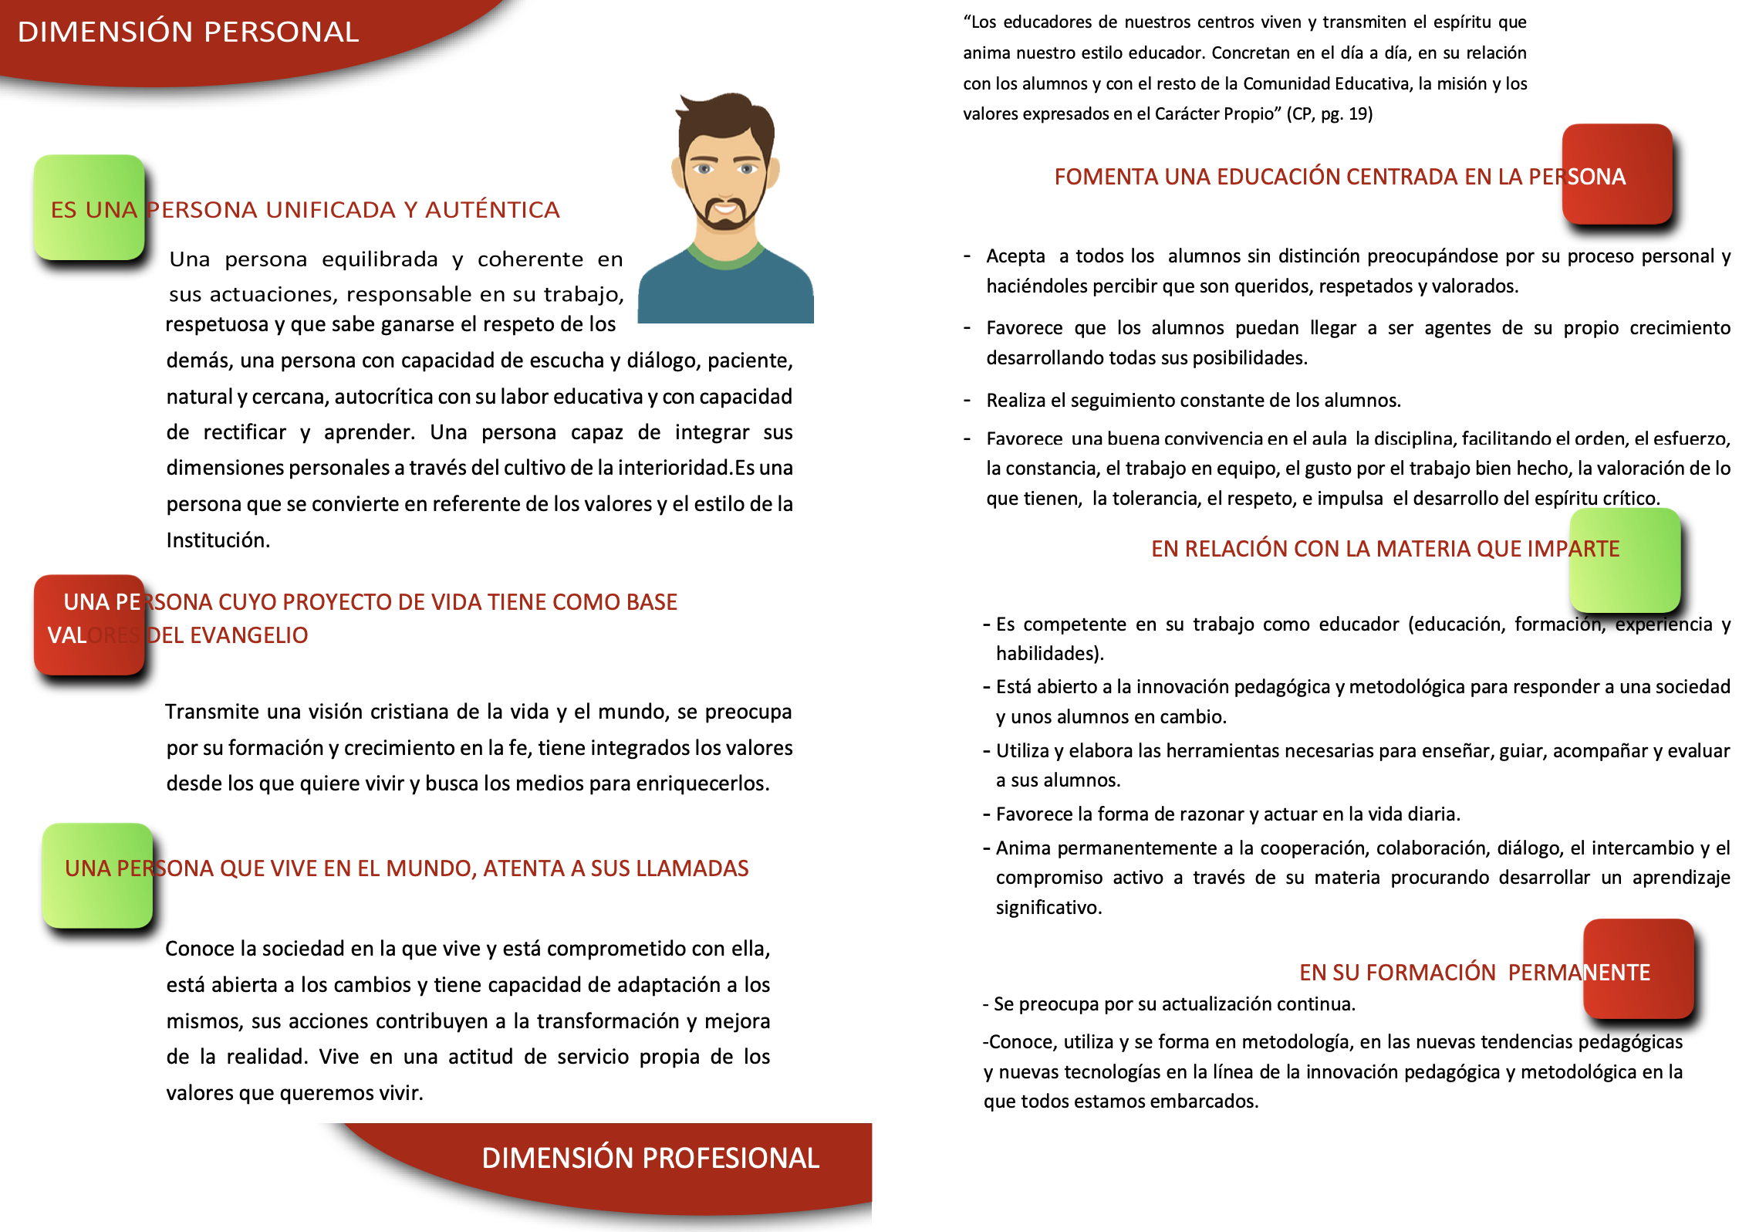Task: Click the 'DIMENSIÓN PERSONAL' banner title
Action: tap(188, 32)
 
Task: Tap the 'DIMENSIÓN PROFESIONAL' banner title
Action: tap(650, 1158)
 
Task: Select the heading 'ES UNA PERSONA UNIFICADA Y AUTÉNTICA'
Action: tap(306, 210)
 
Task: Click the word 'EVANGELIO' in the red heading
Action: tap(248, 635)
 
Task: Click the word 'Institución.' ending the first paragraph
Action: tap(218, 540)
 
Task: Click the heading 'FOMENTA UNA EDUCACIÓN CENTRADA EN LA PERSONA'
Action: tap(1339, 177)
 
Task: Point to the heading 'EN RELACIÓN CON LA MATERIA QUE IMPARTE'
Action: tap(1385, 549)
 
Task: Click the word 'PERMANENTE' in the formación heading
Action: tap(1579, 973)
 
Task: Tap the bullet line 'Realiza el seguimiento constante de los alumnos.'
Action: tap(1193, 401)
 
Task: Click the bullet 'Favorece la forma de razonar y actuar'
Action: tap(1227, 814)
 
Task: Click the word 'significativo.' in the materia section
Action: tap(1048, 908)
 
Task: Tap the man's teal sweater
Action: tap(725, 297)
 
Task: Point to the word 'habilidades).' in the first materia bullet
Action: tap(1049, 654)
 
